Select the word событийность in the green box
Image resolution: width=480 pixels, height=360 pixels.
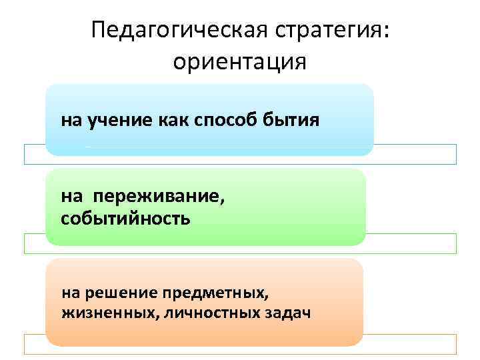[x=125, y=219]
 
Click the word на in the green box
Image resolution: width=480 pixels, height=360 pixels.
[x=71, y=196]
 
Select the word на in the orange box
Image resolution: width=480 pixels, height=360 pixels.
[x=70, y=292]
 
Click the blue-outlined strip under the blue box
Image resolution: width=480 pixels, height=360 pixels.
[x=413, y=154]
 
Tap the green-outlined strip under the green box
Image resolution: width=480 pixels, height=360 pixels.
[x=413, y=243]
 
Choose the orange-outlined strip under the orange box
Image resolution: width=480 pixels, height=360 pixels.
[x=413, y=343]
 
